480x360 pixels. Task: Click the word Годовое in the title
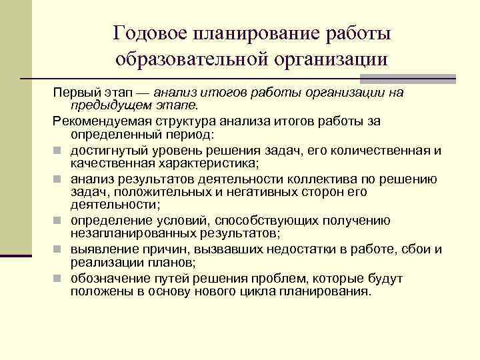(x=151, y=33)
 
